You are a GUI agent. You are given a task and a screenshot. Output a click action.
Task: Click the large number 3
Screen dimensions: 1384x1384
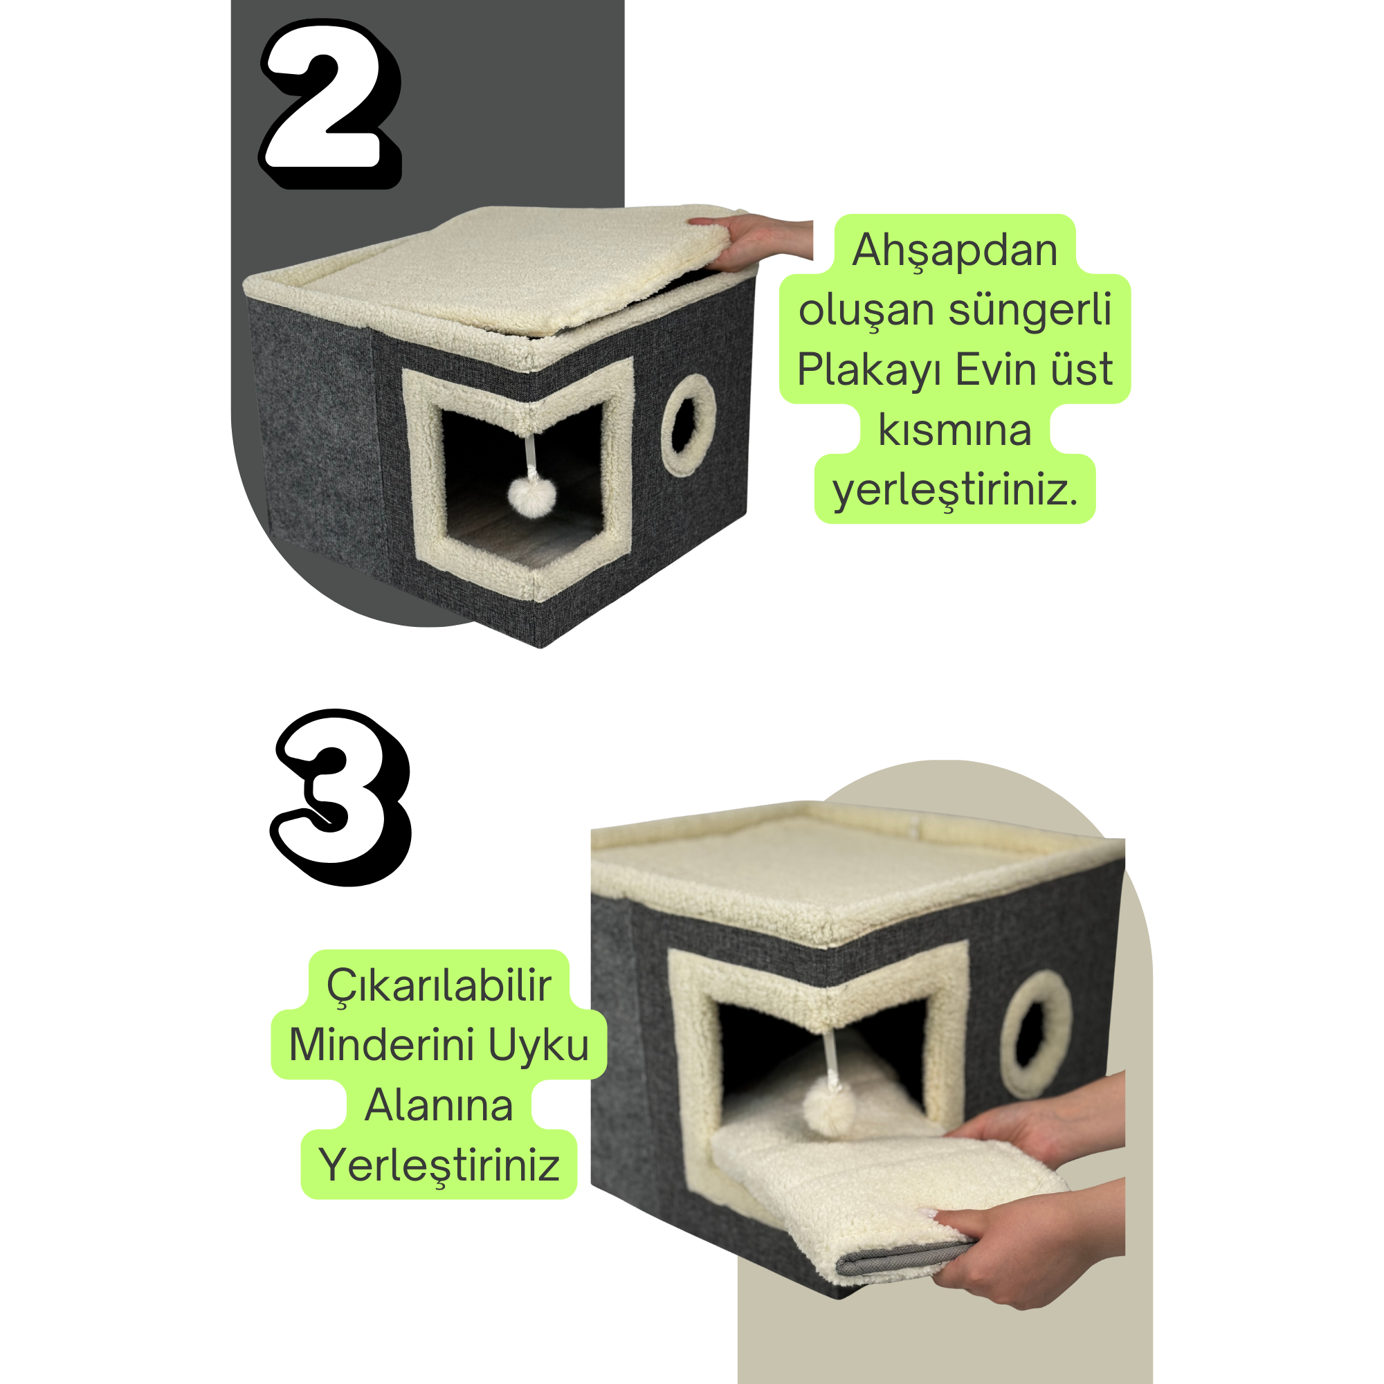[341, 797]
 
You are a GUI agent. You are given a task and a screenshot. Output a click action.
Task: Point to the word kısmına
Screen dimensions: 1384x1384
[955, 430]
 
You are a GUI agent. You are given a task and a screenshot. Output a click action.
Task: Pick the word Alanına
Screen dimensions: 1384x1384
[439, 1105]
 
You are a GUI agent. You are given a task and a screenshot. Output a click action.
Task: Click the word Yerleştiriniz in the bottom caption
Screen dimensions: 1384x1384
[439, 1165]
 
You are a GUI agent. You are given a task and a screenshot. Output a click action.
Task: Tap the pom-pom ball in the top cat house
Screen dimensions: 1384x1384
[531, 494]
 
